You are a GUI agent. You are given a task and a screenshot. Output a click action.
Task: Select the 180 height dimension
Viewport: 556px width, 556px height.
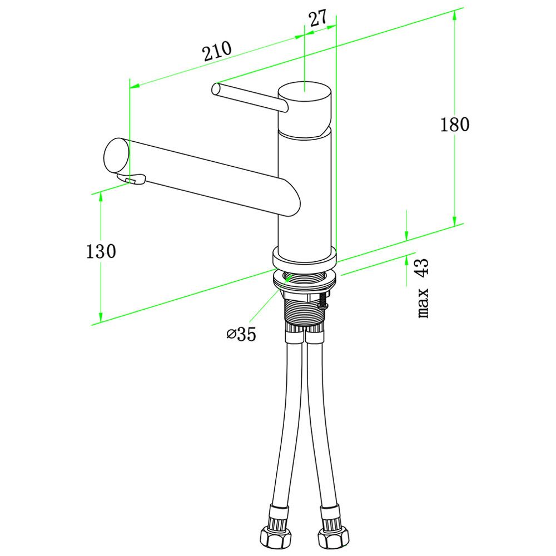[455, 125]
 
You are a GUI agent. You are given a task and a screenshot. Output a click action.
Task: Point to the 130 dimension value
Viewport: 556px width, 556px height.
[101, 251]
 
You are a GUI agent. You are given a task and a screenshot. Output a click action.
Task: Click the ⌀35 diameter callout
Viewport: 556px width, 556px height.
[241, 334]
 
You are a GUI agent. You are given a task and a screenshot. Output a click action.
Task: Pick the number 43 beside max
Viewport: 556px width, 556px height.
[423, 267]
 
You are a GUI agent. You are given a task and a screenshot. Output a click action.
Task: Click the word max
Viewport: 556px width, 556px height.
[423, 302]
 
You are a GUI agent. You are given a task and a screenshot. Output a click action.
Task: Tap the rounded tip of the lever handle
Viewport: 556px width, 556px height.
[216, 88]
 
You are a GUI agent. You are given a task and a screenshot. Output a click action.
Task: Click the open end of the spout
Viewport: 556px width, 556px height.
[116, 156]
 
